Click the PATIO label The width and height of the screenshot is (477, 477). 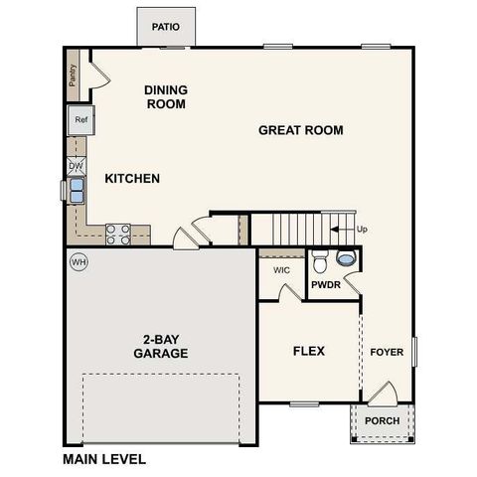point(166,27)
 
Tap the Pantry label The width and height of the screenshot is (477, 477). point(73,75)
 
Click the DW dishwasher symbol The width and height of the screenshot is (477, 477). point(89,166)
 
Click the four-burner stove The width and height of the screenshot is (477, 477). point(118,234)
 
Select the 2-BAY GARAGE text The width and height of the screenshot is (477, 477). point(160,345)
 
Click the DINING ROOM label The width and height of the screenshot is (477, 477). point(166,96)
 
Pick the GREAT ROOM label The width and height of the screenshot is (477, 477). point(300,130)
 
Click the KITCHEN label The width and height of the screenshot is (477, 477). point(132,179)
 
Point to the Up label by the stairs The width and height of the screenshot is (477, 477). point(362,230)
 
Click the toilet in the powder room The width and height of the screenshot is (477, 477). point(320,263)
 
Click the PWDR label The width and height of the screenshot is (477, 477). point(326,285)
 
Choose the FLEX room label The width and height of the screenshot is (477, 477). point(308,351)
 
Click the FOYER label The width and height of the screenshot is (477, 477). point(387,352)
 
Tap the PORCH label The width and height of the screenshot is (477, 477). point(382,420)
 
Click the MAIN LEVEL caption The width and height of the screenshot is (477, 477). point(104,460)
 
